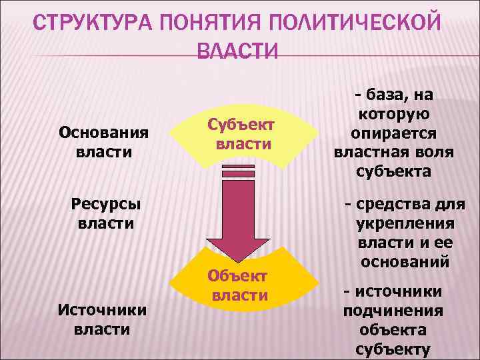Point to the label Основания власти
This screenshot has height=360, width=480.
[x=104, y=142]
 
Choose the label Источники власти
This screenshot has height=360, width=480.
[x=102, y=319]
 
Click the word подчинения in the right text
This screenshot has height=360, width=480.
[x=393, y=311]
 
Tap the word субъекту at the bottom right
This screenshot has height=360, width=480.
[x=393, y=349]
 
